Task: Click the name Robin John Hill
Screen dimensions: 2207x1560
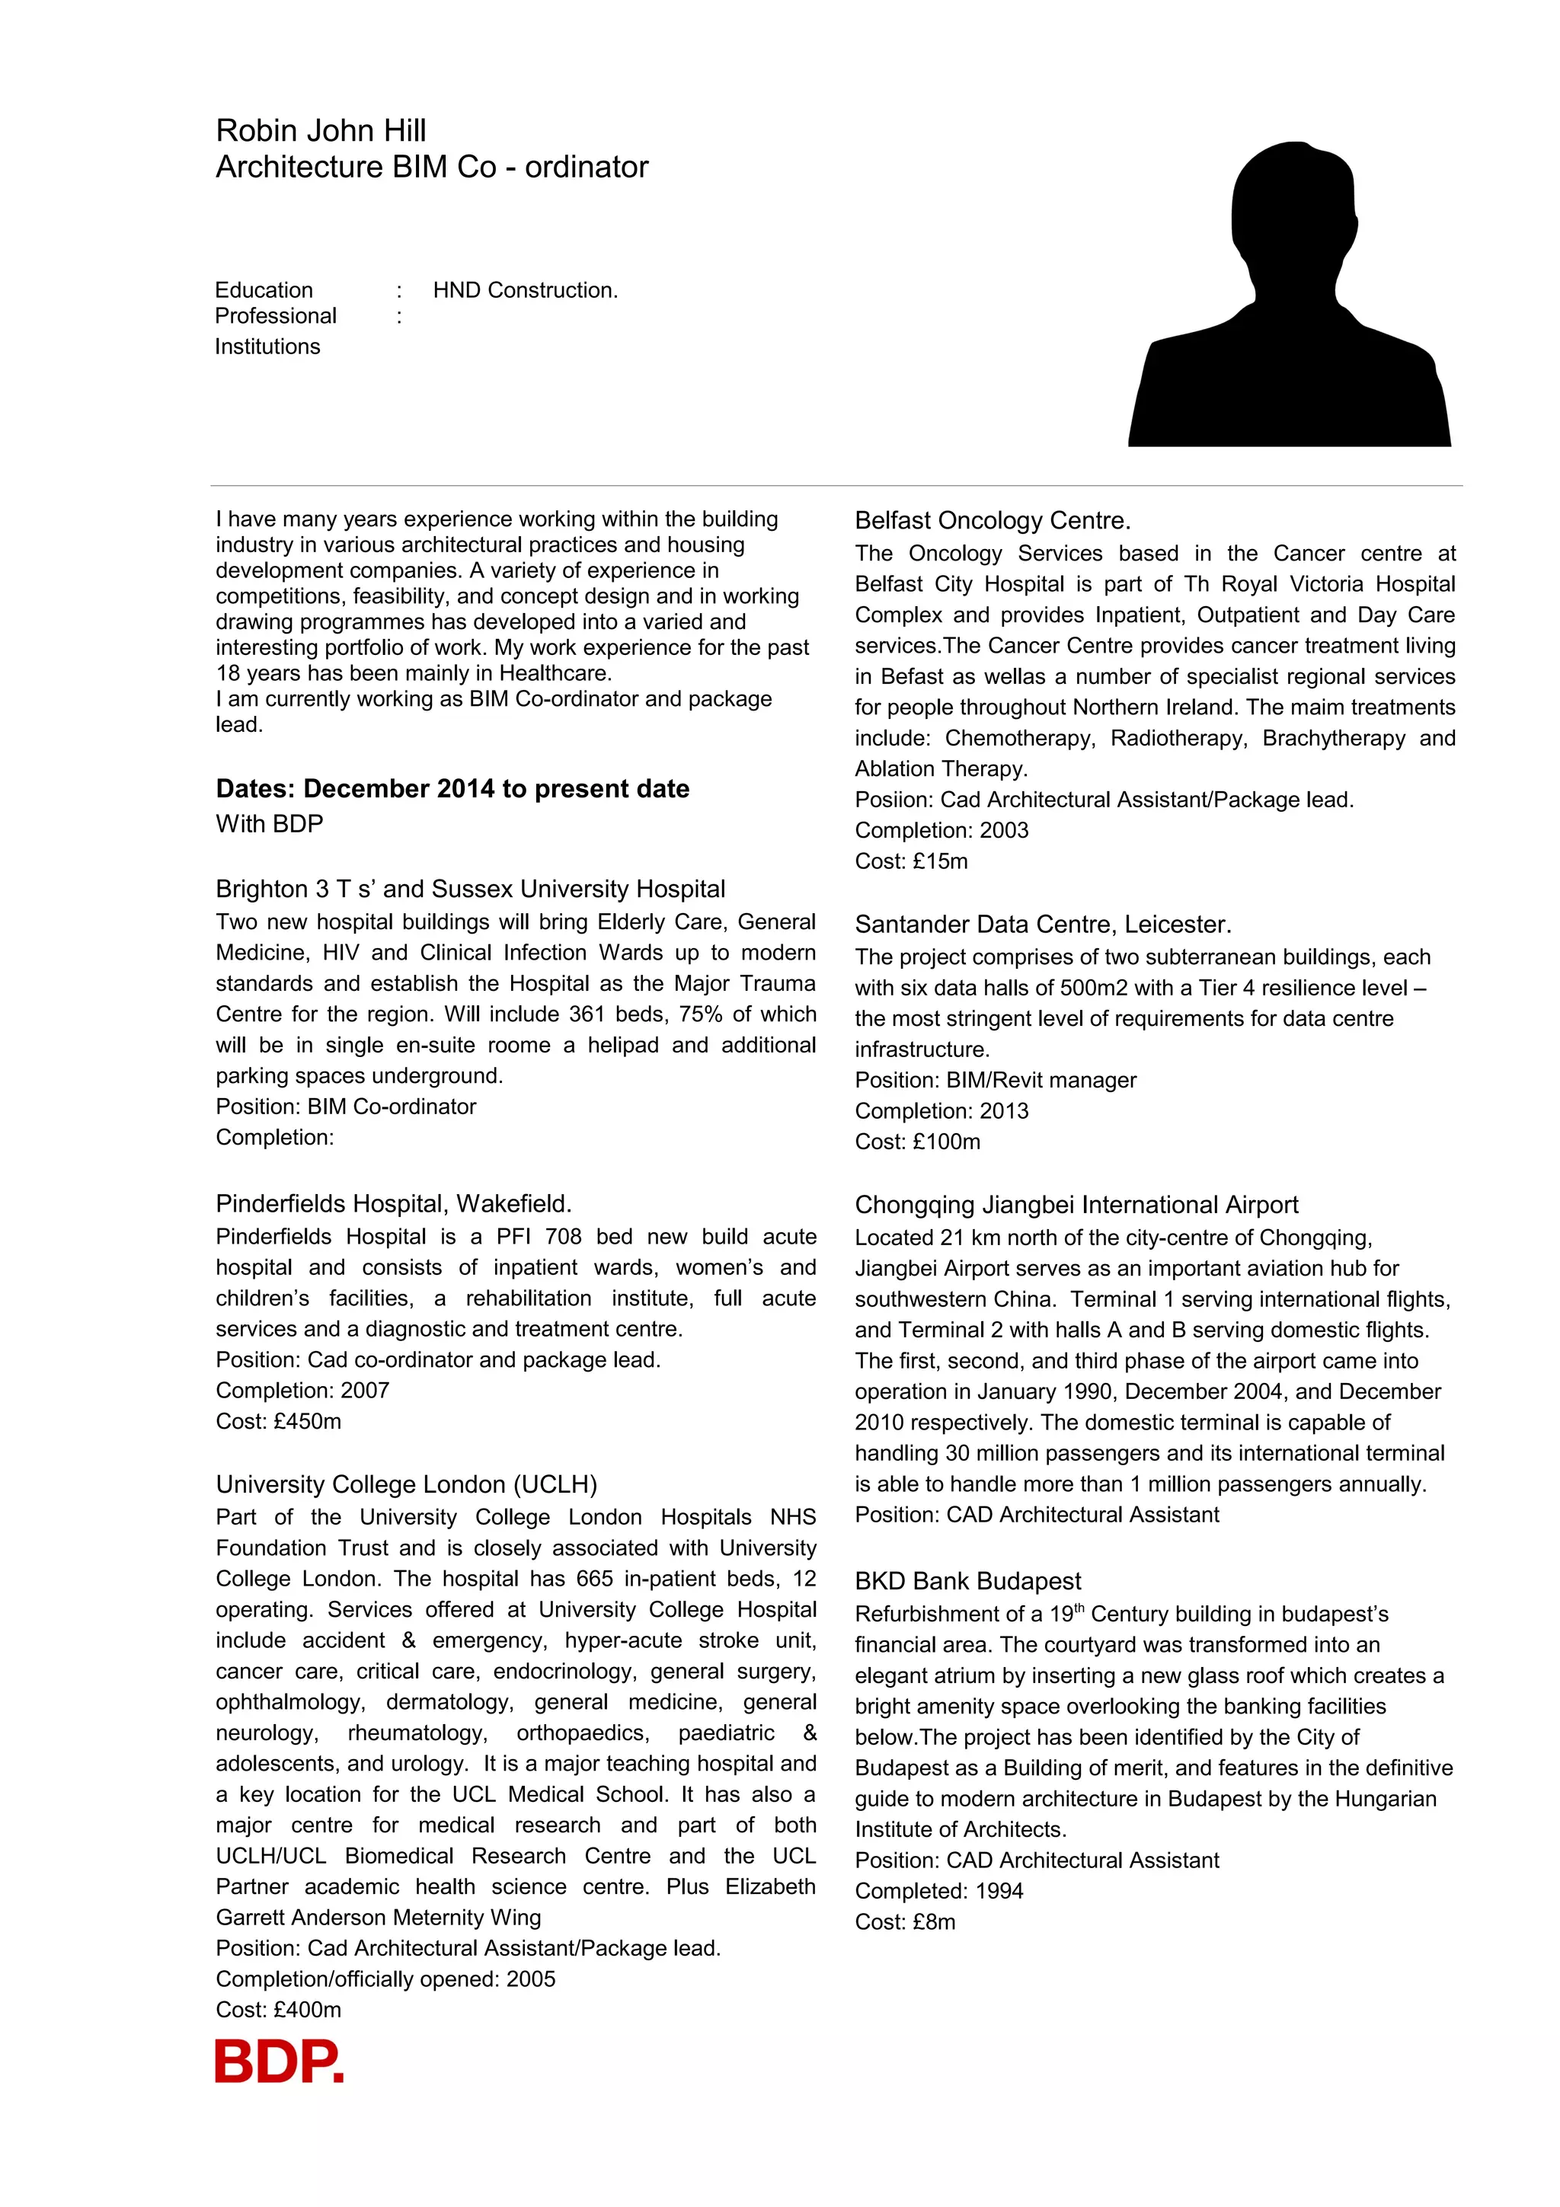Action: pyautogui.click(x=321, y=131)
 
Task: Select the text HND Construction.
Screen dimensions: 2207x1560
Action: pyautogui.click(x=525, y=290)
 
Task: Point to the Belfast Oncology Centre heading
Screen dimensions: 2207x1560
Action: pyautogui.click(x=993, y=521)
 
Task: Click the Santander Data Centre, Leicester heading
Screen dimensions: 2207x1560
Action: pyautogui.click(x=1043, y=925)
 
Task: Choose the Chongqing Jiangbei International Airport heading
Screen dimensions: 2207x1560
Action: pyautogui.click(x=1076, y=1206)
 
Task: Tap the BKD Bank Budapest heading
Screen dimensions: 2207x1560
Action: pyautogui.click(x=968, y=1581)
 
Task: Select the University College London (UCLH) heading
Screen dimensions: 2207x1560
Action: pyautogui.click(x=407, y=1485)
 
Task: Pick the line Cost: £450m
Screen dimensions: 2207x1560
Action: pyautogui.click(x=279, y=1422)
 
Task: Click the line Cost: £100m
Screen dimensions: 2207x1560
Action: pyautogui.click(x=918, y=1142)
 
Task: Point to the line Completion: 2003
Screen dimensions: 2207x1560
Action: pyautogui.click(x=942, y=831)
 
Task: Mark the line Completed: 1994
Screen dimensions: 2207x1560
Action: pyautogui.click(x=939, y=1892)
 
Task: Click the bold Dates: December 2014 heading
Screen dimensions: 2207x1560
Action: pyautogui.click(x=452, y=789)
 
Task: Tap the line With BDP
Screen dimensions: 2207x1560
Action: pyautogui.click(x=270, y=824)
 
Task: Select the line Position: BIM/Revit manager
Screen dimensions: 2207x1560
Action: pyautogui.click(x=996, y=1081)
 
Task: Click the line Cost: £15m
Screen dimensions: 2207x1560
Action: pyautogui.click(x=911, y=861)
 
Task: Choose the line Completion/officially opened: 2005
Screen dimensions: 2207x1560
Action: pyautogui.click(x=385, y=1979)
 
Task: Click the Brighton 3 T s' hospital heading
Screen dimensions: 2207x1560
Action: pyautogui.click(x=470, y=890)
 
